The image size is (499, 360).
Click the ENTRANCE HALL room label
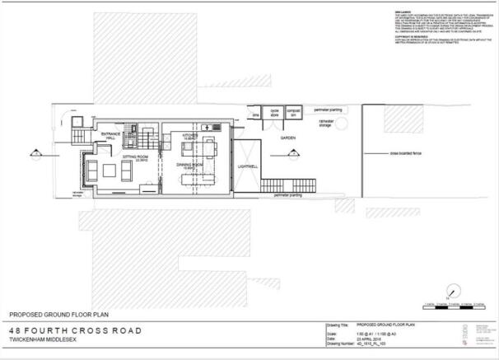pyautogui.click(x=110, y=136)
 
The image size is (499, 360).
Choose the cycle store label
pyautogui.click(x=274, y=112)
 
